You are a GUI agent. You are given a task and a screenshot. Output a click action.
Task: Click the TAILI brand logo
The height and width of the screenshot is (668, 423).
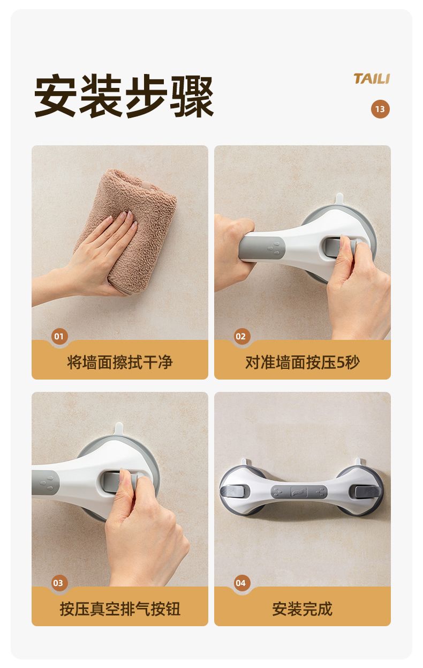pos(372,79)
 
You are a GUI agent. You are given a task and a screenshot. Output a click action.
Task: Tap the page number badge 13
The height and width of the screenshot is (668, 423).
pos(380,109)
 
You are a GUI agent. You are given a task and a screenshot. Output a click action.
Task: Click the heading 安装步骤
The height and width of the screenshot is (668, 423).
pos(124,96)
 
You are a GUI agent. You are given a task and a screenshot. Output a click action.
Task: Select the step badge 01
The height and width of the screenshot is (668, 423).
pos(59,336)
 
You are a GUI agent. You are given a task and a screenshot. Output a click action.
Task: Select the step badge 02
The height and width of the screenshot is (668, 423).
pos(241,336)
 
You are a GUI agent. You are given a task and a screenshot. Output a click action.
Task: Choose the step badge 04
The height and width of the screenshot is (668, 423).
pos(241,583)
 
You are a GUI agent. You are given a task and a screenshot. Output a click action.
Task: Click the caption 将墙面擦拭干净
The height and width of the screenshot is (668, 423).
pos(120,362)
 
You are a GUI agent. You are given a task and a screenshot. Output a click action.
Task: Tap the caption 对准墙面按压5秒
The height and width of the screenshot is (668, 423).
pos(303,362)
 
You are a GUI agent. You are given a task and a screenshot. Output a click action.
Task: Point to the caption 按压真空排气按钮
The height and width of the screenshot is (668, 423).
pos(120,609)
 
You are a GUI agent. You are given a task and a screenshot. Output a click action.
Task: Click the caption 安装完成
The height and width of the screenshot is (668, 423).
pos(303,609)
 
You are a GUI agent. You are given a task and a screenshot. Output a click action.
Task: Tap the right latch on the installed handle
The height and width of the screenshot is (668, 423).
pos(367,492)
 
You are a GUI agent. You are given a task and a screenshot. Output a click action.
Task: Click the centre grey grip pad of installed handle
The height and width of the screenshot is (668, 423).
pos(299,492)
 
